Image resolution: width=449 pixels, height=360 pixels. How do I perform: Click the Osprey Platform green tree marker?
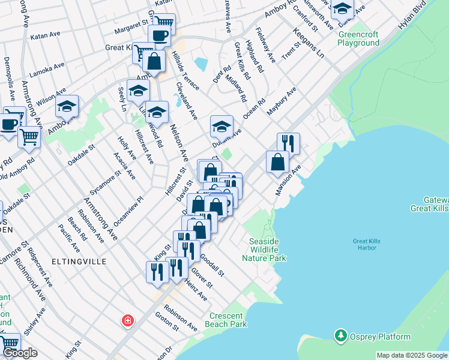click(341, 335)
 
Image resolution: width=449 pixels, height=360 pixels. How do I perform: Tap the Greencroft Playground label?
click(358, 38)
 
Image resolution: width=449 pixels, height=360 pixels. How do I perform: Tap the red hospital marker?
click(127, 321)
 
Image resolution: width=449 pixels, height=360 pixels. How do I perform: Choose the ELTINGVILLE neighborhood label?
click(79, 262)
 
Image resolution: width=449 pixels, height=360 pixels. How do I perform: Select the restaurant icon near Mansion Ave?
click(288, 142)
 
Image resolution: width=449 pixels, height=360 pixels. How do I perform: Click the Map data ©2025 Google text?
click(412, 355)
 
